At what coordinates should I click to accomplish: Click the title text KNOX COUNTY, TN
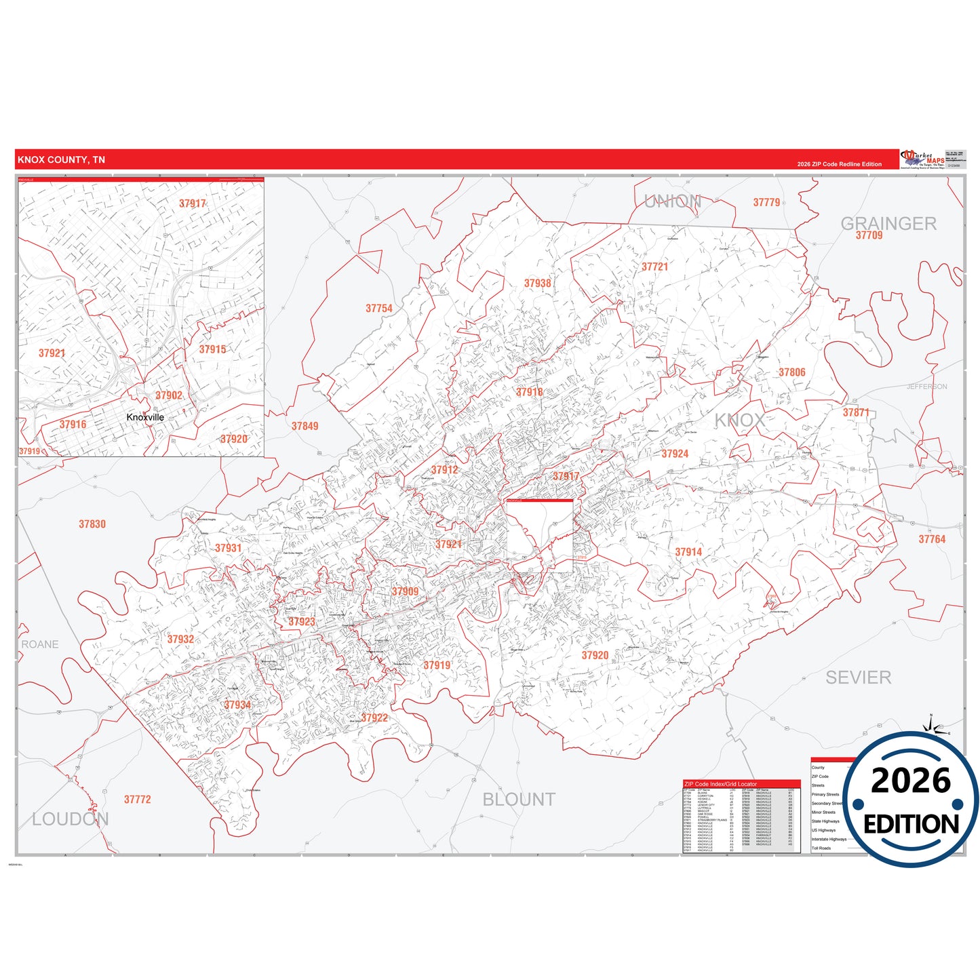click(61, 160)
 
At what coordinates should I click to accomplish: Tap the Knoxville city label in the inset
click(145, 417)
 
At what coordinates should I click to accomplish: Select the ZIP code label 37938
click(537, 283)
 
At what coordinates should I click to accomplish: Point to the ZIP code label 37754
click(379, 309)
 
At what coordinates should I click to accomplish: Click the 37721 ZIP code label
click(654, 267)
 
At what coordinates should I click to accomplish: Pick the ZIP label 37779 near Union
click(766, 203)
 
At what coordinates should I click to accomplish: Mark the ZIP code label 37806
click(791, 372)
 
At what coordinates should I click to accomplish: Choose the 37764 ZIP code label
click(931, 539)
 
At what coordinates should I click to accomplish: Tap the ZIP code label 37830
click(92, 524)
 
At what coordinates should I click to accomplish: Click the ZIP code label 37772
click(137, 800)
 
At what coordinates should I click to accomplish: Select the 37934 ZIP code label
click(237, 705)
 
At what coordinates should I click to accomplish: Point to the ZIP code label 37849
click(305, 427)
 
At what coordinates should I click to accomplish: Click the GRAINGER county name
click(888, 223)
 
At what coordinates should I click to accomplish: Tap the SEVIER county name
click(858, 677)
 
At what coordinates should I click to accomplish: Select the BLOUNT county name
click(519, 800)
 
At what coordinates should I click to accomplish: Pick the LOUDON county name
click(70, 819)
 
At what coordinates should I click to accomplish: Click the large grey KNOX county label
click(739, 420)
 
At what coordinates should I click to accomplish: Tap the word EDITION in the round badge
click(911, 824)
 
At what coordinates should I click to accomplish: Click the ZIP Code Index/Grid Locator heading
click(720, 784)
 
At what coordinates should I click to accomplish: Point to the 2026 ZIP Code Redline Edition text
click(839, 164)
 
